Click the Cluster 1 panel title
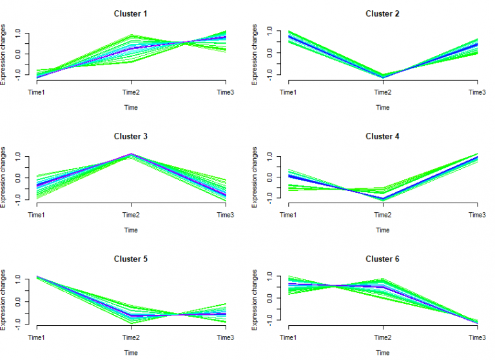(131, 14)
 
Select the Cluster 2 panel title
(383, 14)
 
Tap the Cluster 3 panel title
(131, 136)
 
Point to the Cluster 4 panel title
(383, 136)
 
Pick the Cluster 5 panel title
(131, 259)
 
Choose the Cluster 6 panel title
(383, 259)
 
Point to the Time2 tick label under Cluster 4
(383, 215)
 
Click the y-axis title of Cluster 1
(6, 55)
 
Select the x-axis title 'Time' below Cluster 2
(383, 107)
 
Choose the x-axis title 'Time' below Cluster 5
(131, 353)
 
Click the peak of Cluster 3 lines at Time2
(131, 155)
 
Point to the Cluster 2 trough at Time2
(383, 77)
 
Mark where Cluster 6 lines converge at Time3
(477, 321)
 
